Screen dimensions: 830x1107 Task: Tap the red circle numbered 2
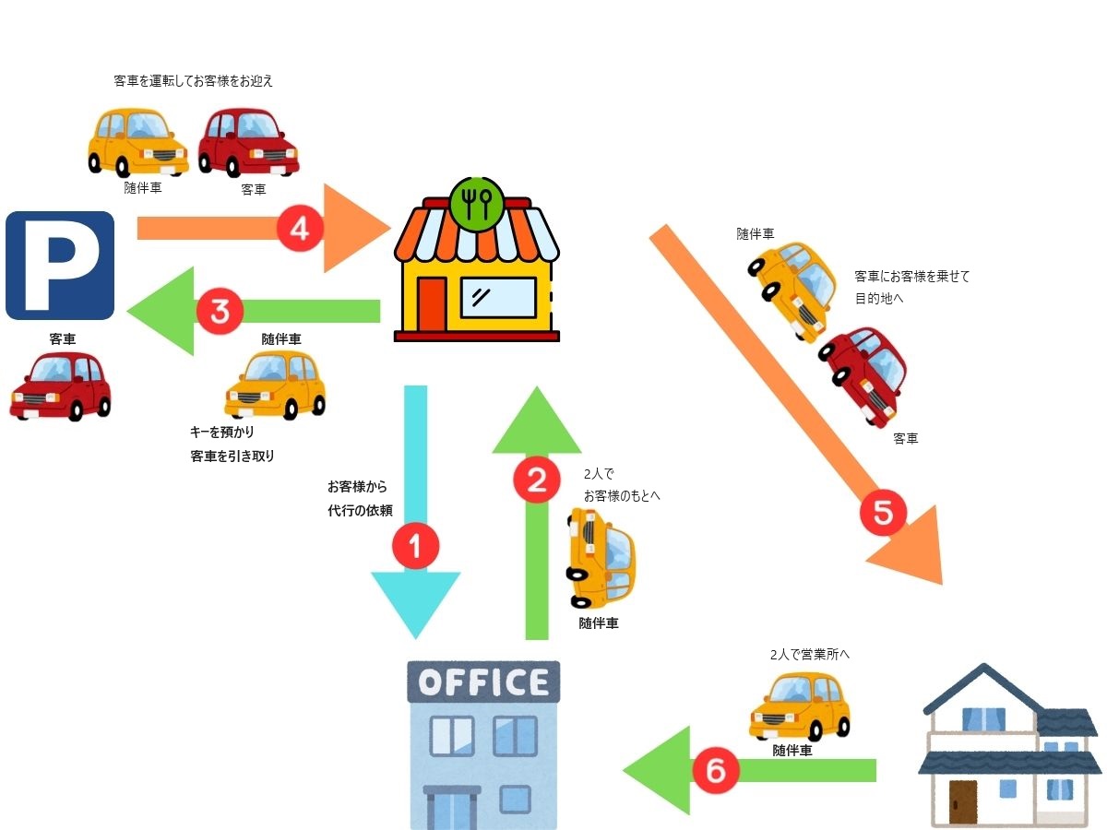coord(536,480)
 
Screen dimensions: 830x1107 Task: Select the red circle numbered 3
coord(220,312)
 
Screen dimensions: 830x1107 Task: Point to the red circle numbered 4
coord(299,229)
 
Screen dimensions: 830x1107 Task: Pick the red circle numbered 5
coord(883,514)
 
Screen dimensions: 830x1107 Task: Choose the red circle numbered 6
coord(716,770)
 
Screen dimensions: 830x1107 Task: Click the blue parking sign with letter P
coord(60,266)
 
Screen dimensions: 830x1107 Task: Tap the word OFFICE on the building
coord(483,682)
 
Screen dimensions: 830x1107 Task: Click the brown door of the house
coord(962,801)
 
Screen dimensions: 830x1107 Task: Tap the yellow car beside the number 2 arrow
coord(601,558)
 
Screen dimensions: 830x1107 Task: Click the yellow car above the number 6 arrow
coord(800,705)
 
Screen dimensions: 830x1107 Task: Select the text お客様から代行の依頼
coord(360,498)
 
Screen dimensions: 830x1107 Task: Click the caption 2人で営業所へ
coord(809,655)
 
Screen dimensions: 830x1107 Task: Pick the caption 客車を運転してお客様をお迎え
coord(193,81)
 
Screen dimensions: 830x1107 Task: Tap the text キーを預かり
coord(222,432)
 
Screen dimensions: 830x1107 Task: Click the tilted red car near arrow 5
coord(864,373)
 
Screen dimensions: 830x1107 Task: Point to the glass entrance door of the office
coord(452,808)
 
